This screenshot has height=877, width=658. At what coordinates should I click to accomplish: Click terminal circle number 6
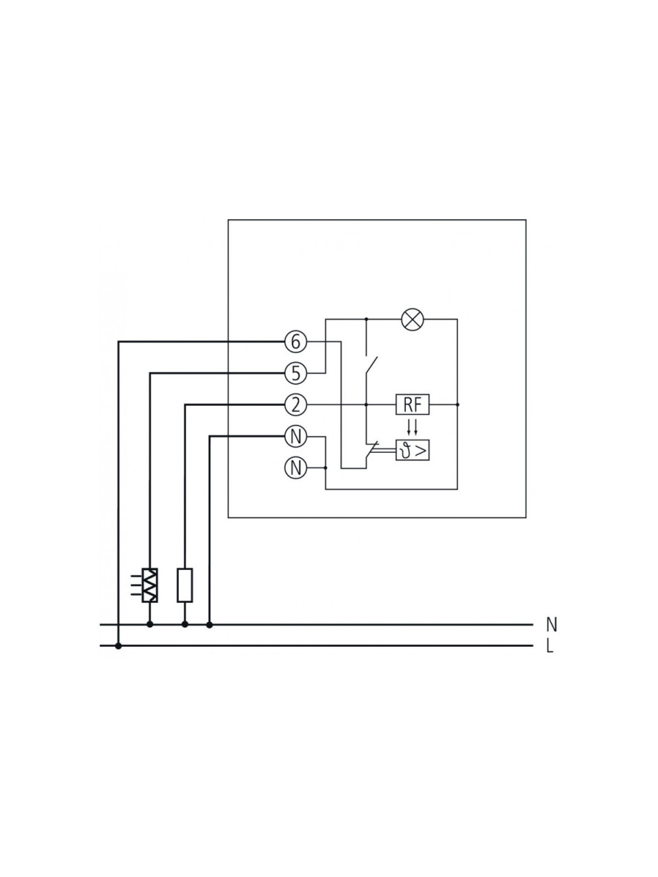pos(295,342)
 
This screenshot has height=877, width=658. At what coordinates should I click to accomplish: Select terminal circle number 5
pos(295,373)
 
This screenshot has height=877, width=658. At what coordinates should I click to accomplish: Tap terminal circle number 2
pos(295,405)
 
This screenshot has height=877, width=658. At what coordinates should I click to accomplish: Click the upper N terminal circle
pos(295,436)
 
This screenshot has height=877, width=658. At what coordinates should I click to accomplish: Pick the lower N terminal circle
pos(295,467)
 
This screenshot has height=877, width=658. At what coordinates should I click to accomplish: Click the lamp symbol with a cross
pos(413,319)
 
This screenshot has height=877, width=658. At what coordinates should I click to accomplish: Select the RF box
pos(413,405)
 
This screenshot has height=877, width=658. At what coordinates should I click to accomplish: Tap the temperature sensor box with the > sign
pos(413,450)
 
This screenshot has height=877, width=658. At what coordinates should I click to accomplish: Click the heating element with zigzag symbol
pos(150,585)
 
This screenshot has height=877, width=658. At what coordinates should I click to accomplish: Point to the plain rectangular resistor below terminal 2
pos(184,585)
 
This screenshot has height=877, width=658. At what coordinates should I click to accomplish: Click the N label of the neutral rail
pos(552,625)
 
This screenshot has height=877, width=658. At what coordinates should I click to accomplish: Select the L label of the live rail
pos(550,646)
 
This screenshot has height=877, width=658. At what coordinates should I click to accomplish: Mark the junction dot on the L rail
pos(119,645)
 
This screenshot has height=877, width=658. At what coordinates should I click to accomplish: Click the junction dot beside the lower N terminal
pos(326,467)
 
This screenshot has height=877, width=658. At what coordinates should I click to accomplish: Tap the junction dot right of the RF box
pos(457,405)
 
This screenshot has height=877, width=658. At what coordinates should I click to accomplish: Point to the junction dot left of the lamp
pos(366,319)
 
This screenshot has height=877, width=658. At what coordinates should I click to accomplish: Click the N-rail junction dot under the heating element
pos(150,624)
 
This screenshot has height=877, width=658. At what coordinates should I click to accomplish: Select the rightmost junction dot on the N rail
pos(209,624)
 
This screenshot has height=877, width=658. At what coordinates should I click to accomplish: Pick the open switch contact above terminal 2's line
pos(371,365)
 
